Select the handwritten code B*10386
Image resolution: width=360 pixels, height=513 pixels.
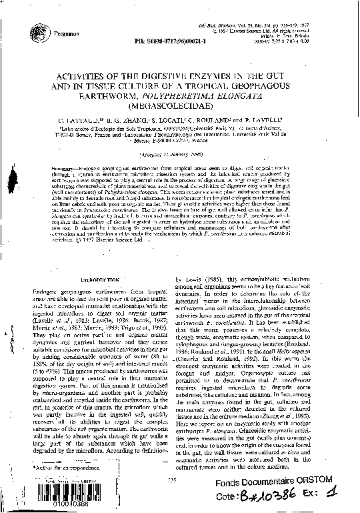pyautogui.click(x=276, y=498)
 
